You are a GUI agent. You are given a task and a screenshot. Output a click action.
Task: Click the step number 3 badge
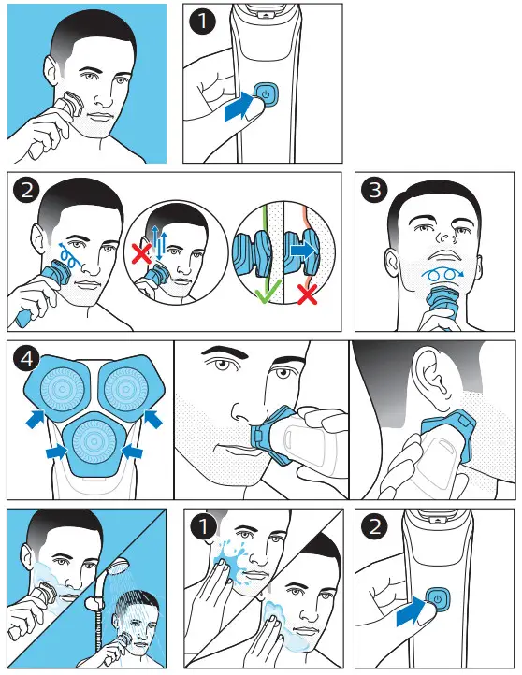click(374, 190)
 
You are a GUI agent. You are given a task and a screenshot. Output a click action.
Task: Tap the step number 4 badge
click(27, 358)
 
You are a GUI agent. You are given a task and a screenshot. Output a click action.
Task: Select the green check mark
click(268, 291)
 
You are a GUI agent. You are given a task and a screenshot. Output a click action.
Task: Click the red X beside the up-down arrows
click(141, 252)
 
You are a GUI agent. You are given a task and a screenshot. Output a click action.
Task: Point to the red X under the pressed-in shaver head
click(308, 294)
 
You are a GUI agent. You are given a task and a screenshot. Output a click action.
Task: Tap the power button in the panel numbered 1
click(266, 94)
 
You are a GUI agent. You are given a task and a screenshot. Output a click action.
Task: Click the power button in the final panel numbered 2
click(438, 599)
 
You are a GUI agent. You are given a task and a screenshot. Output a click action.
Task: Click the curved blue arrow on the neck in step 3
click(442, 274)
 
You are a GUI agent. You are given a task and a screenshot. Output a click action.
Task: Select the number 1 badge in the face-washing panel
click(203, 526)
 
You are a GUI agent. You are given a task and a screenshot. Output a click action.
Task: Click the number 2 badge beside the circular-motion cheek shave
click(27, 190)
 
